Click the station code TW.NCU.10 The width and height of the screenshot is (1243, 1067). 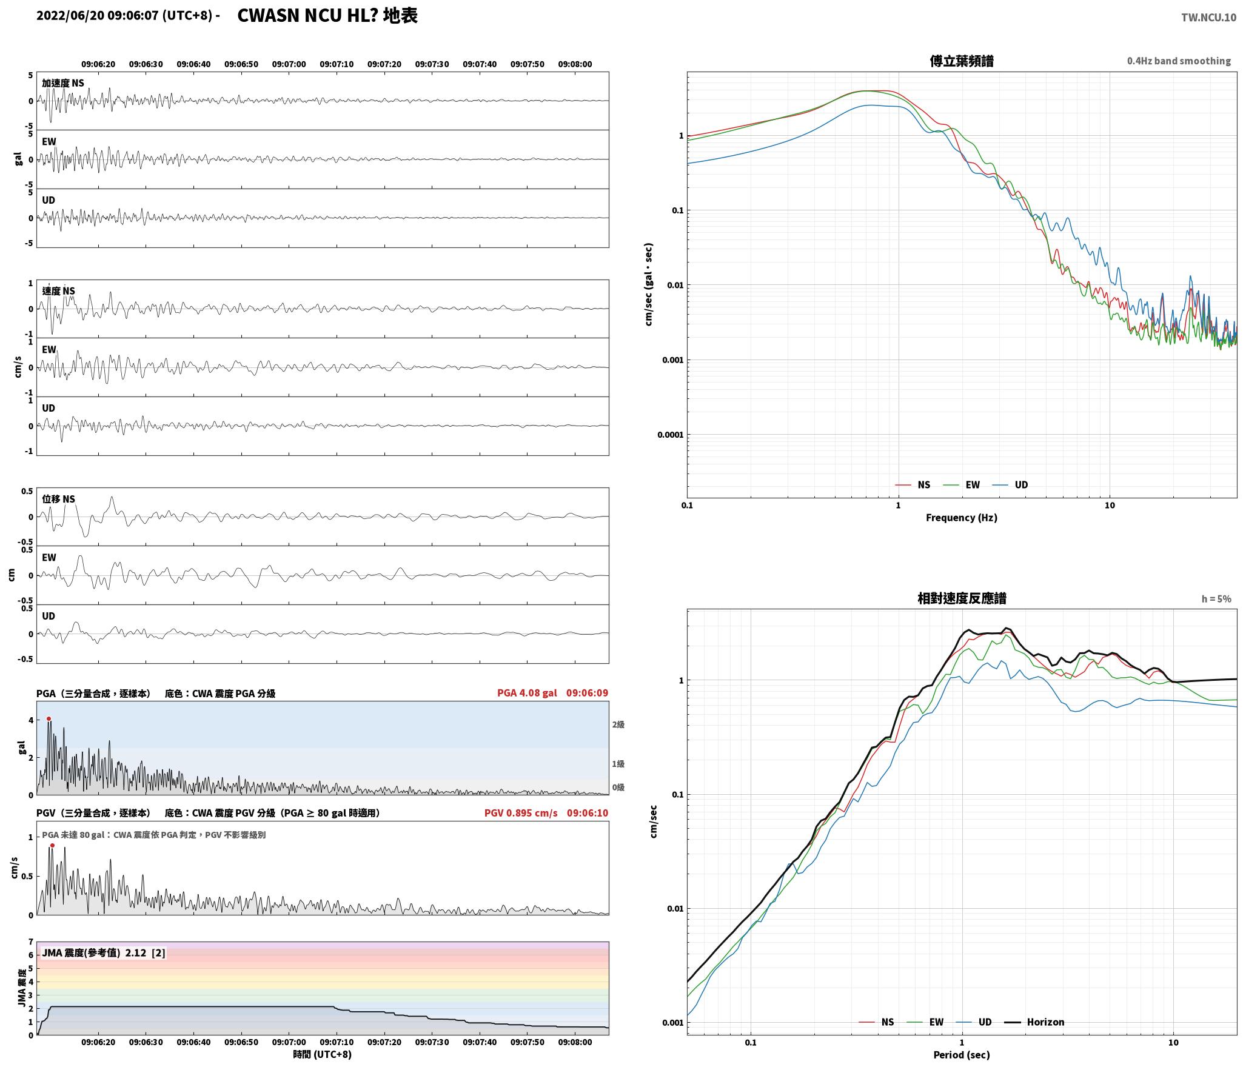pos(1208,18)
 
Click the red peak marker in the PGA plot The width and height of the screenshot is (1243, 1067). pos(49,719)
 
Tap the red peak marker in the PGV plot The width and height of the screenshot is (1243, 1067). pos(52,845)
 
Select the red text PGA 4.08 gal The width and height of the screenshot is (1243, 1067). pos(527,693)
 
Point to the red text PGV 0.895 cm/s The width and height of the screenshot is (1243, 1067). pos(521,813)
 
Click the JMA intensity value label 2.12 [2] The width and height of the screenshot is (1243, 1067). pos(145,953)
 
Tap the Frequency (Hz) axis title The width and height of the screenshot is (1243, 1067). pos(961,518)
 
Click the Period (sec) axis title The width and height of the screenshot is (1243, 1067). pos(961,1055)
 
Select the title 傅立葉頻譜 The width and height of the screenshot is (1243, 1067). pos(962,61)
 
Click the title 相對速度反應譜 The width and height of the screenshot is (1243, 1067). pos(962,598)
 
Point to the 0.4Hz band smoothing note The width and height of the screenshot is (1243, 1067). pos(1179,61)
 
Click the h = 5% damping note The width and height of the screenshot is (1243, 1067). pos(1216,599)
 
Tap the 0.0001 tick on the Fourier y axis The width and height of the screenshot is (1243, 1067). pos(670,435)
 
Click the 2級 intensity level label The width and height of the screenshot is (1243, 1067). pos(618,724)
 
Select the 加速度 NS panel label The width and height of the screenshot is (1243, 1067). pos(63,83)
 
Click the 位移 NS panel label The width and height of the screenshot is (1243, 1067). pos(58,499)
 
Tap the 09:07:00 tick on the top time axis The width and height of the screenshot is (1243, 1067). pos(289,64)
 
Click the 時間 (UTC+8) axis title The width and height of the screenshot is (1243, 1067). pos(322,1054)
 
